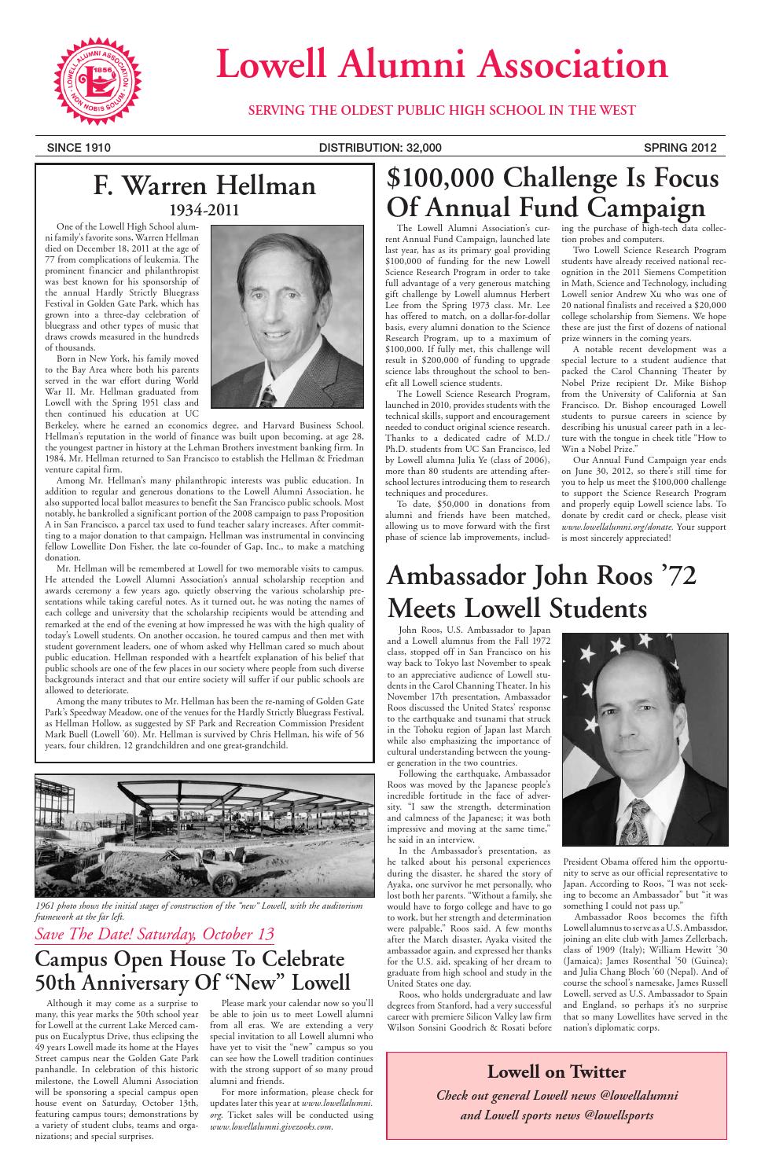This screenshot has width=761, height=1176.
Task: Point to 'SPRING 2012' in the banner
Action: [x=679, y=147]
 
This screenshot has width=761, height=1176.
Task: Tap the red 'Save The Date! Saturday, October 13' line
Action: [x=155, y=934]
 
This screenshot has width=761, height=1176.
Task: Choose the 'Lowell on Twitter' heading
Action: [x=557, y=1071]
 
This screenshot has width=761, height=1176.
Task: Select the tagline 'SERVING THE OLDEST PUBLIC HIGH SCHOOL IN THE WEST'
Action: [x=442, y=110]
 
